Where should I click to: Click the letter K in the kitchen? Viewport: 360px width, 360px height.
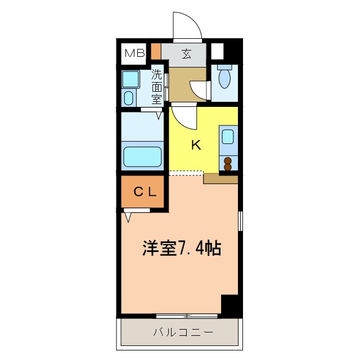(x=196, y=145)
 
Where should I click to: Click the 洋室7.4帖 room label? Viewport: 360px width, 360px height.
(x=181, y=248)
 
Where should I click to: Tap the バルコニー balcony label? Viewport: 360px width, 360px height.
(x=183, y=332)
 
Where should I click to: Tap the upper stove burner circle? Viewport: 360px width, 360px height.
(x=228, y=160)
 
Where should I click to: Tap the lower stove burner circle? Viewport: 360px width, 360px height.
(x=228, y=167)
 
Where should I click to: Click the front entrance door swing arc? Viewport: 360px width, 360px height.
(x=187, y=25)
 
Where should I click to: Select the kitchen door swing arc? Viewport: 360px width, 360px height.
(x=183, y=117)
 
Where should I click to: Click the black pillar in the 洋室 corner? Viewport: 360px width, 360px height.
(x=229, y=305)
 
